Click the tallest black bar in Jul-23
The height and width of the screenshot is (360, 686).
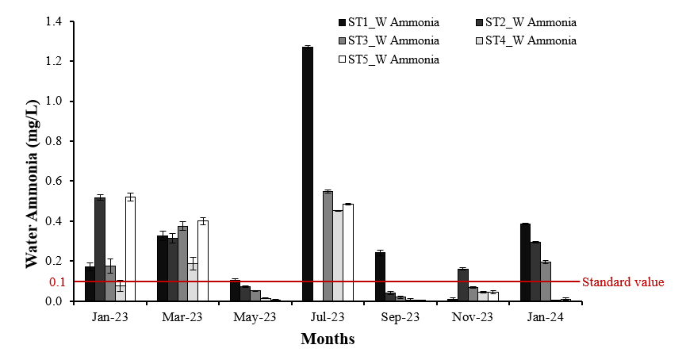[x=307, y=174]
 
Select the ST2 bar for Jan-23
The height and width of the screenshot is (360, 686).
[x=100, y=249]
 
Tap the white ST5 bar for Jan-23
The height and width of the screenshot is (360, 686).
[x=130, y=249]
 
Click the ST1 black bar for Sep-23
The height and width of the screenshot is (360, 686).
[x=380, y=277]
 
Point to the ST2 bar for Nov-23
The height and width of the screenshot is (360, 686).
[x=462, y=285]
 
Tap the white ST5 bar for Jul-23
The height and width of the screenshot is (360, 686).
[x=347, y=253]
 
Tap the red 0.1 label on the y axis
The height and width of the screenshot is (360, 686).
[x=57, y=282]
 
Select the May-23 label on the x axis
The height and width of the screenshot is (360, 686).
[x=255, y=316]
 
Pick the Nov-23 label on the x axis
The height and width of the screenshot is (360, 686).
[x=473, y=316]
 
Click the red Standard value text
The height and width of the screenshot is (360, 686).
[x=623, y=282]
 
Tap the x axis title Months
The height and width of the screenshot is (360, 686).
[x=327, y=339]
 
